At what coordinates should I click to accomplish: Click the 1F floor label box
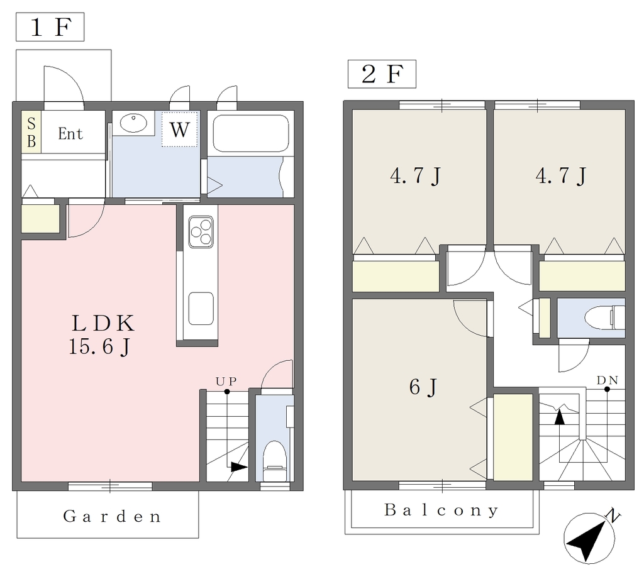[50, 27]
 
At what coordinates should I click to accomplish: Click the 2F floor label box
[382, 74]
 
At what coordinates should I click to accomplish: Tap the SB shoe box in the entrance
[31, 132]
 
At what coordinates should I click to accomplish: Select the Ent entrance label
[70, 133]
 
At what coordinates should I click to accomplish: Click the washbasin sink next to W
[133, 123]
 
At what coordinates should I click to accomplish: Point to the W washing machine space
[179, 129]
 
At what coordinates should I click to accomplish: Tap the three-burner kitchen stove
[201, 232]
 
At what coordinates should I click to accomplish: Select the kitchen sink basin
[201, 308]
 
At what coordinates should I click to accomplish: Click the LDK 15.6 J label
[101, 334]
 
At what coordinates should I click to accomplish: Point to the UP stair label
[226, 382]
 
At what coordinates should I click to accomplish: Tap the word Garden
[112, 516]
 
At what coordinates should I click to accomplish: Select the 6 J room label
[423, 387]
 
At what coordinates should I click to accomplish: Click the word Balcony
[441, 510]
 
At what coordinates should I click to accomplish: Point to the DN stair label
[608, 380]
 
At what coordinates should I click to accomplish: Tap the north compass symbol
[590, 536]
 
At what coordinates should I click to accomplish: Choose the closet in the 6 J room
[513, 437]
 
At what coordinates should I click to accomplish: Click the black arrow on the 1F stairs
[240, 467]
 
